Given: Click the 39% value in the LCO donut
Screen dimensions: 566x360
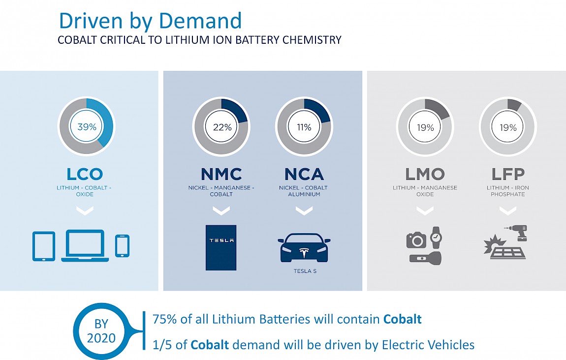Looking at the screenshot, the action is (87, 127).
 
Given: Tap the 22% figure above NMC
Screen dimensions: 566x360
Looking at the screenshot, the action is (222, 127).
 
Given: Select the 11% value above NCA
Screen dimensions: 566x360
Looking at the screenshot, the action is (304, 127).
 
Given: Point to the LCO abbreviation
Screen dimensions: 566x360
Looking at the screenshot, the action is (85, 174).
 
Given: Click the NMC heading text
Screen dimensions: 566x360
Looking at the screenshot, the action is (221, 174).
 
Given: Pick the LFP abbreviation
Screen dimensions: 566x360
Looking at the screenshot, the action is (508, 174).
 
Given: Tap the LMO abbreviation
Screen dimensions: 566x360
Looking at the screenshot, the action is (425, 174).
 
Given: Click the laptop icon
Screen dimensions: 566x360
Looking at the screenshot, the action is (85, 245).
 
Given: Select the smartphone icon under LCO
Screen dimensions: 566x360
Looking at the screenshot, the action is (123, 246).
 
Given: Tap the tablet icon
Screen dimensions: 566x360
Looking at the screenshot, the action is (44, 246).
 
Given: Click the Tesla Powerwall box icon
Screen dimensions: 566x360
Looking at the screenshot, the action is (221, 248).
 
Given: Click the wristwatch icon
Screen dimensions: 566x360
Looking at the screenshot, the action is (436, 238).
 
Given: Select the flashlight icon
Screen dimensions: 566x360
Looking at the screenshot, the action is (425, 258).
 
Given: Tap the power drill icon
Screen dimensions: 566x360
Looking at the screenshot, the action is (517, 233).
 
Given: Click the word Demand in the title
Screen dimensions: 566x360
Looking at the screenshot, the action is (200, 21).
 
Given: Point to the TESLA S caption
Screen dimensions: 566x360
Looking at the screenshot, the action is (305, 271).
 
